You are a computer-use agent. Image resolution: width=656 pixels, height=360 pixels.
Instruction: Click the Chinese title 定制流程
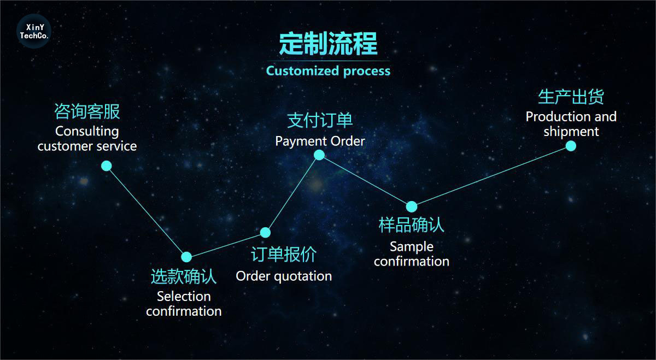pyautogui.click(x=328, y=43)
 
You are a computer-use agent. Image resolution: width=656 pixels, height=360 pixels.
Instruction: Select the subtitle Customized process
pyautogui.click(x=328, y=71)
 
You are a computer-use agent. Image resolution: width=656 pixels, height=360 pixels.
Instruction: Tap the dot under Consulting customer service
pyautogui.click(x=107, y=166)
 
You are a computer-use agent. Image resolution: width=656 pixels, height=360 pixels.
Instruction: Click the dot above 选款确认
pyautogui.click(x=186, y=257)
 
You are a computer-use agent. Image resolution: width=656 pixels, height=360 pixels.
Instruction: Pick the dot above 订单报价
pyautogui.click(x=265, y=232)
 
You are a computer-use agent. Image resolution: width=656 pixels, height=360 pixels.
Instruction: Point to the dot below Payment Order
pyautogui.click(x=319, y=155)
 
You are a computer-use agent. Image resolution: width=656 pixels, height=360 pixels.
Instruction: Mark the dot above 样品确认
pyautogui.click(x=412, y=206)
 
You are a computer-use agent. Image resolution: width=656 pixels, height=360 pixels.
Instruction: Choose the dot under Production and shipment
pyautogui.click(x=571, y=146)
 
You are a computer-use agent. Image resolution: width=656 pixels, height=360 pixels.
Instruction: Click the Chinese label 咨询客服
pyautogui.click(x=87, y=111)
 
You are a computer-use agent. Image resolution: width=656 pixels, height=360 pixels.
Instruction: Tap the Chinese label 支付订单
pyautogui.click(x=320, y=121)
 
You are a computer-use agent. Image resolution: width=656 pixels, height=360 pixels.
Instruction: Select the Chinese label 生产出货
pyautogui.click(x=571, y=97)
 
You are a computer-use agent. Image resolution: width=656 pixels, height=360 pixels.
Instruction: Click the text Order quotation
pyautogui.click(x=284, y=276)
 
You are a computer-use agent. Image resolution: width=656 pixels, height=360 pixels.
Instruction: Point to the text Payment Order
pyautogui.click(x=320, y=141)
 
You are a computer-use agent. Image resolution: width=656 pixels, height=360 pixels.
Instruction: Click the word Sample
pyautogui.click(x=412, y=247)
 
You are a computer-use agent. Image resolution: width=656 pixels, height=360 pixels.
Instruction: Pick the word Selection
pyautogui.click(x=184, y=297)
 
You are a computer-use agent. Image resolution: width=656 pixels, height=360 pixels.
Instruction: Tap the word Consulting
pyautogui.click(x=87, y=132)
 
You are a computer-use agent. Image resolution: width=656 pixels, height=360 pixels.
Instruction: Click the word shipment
pyautogui.click(x=571, y=132)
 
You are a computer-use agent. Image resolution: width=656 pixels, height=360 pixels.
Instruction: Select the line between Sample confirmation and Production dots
pyautogui.click(x=491, y=176)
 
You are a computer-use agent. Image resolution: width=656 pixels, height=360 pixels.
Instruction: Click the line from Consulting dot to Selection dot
pyautogui.click(x=147, y=211)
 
